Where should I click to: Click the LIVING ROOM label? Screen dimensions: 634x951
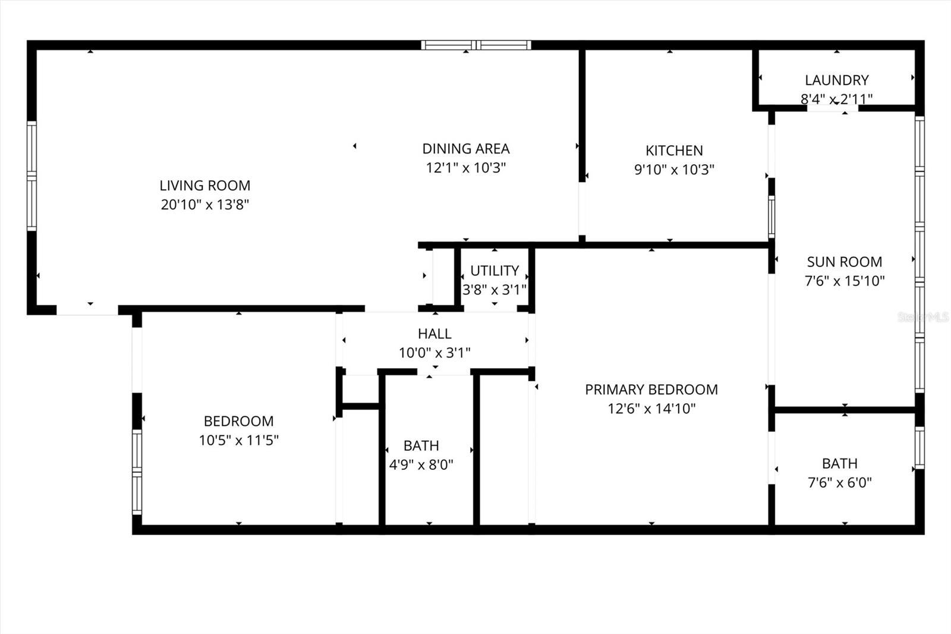coord(205,186)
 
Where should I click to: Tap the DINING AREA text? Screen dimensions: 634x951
coord(466,149)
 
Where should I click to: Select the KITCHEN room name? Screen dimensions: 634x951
coord(674,150)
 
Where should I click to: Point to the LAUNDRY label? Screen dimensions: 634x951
coord(837,80)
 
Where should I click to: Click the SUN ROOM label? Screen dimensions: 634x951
coord(844,262)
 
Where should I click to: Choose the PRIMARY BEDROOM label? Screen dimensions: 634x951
coord(651,390)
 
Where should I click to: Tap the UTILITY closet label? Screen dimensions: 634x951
coord(495,271)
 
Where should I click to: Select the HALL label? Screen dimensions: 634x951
coord(434,334)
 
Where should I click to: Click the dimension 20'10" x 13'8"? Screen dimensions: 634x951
coord(205,205)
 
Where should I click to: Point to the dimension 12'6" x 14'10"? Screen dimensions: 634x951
coord(651,409)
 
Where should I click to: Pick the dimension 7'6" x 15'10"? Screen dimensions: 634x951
coord(845,281)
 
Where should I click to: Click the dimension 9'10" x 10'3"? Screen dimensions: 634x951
coord(674,170)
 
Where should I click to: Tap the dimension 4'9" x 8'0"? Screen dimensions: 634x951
coord(421,464)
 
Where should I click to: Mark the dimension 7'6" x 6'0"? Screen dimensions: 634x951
coord(839,482)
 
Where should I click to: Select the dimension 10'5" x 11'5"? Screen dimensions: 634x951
coord(239,440)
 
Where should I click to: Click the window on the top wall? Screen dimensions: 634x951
coord(475,45)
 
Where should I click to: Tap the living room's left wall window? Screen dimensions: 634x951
coord(32,176)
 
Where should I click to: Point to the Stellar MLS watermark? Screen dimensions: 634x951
coord(923,317)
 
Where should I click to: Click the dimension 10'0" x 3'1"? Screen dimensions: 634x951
coord(434,353)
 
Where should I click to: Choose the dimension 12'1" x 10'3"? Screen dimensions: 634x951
coord(466,168)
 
